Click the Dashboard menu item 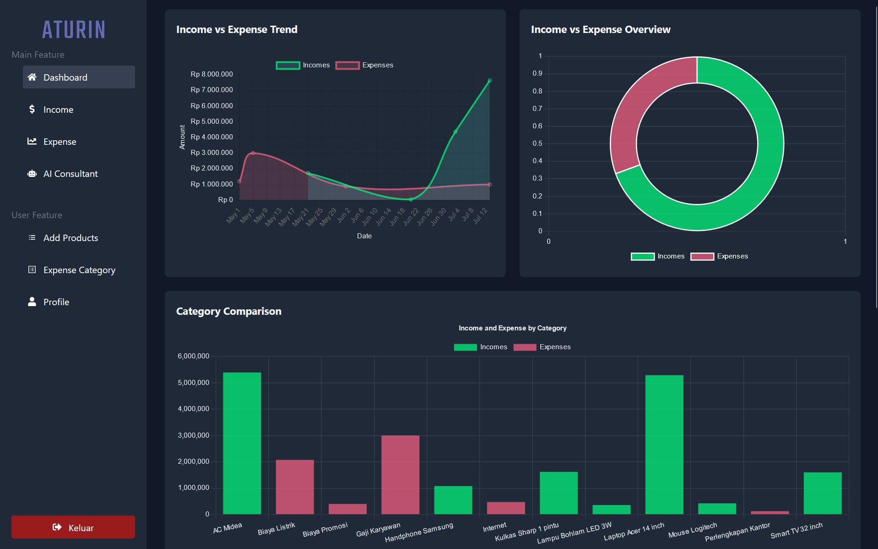coord(79,77)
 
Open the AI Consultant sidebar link coord(70,174)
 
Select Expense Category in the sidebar coord(79,270)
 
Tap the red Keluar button coord(73,527)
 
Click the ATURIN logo coord(74,30)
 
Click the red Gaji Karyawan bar coord(400,474)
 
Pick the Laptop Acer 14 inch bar coord(664,444)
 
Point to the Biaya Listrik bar coord(295,487)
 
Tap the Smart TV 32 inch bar coord(823,493)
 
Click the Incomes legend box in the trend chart coord(288,65)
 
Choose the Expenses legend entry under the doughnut coord(720,256)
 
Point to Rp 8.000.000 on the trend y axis coord(211,74)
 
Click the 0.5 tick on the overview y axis coord(537,143)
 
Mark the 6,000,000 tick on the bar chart coord(193,356)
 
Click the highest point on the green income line coord(489,81)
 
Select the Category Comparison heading coord(229,311)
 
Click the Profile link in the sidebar coord(56,302)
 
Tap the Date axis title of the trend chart coord(364,236)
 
